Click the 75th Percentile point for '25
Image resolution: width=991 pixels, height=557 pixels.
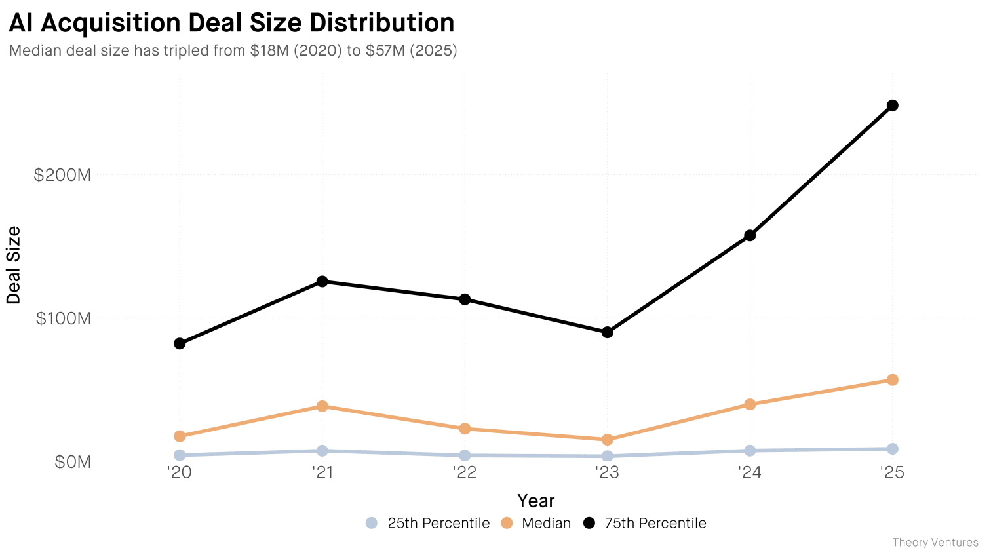(892, 106)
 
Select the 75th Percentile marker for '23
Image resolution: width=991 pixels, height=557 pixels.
(607, 332)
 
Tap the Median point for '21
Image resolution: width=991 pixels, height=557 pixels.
(322, 406)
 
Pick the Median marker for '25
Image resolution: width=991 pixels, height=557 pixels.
(892, 380)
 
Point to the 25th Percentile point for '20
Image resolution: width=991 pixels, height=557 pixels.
(180, 455)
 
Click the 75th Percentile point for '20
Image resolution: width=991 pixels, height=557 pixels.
(180, 343)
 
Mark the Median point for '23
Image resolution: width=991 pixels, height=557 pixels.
(607, 440)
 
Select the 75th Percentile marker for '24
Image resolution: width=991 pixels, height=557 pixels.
(750, 235)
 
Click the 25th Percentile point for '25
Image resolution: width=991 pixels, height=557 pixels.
(892, 449)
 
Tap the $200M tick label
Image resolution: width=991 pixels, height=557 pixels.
(62, 175)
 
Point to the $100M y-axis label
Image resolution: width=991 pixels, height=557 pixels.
(63, 318)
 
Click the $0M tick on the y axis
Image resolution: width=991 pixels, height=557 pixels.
(72, 462)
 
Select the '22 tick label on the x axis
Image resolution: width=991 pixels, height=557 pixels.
(465, 472)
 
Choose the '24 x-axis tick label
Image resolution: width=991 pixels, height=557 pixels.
(750, 472)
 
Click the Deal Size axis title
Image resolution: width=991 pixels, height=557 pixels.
(13, 265)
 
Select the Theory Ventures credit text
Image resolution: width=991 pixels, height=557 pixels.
(935, 543)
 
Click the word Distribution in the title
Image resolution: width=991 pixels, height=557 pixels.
(381, 23)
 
